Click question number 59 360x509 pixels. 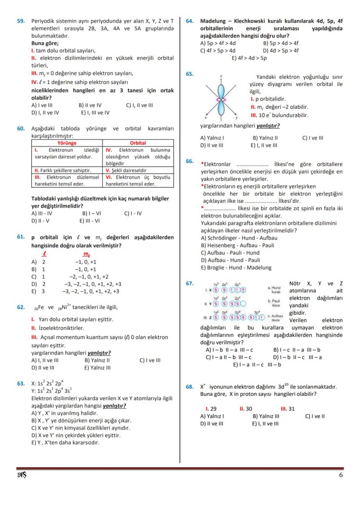point(20,21)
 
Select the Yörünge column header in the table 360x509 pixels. point(67,143)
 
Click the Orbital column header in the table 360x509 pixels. point(138,143)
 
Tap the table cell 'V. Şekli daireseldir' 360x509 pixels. point(126,171)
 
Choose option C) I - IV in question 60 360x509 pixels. point(133,213)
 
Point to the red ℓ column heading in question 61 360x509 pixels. point(44,254)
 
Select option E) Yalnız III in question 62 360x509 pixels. point(98,367)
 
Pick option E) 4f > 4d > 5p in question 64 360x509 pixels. point(249,57)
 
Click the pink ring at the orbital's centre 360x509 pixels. point(221,100)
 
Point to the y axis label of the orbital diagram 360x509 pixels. point(237,118)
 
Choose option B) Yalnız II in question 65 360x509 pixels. point(265,138)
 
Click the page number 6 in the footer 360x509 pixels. point(340,475)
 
